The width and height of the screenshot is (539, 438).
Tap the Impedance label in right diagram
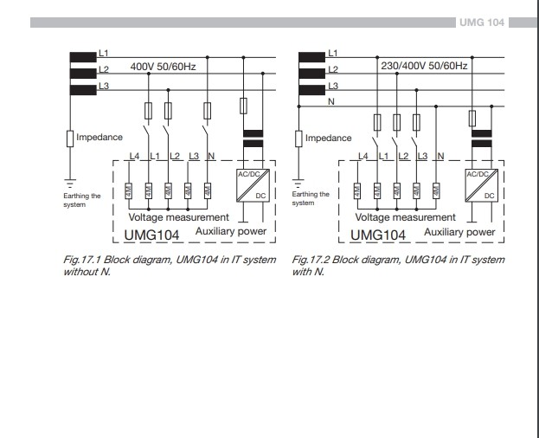[330, 137]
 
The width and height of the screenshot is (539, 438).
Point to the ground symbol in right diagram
[298, 183]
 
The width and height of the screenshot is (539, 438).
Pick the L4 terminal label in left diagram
[133, 156]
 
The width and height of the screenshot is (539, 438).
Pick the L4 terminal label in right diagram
[363, 156]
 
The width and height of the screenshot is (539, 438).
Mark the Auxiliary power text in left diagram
[233, 233]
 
